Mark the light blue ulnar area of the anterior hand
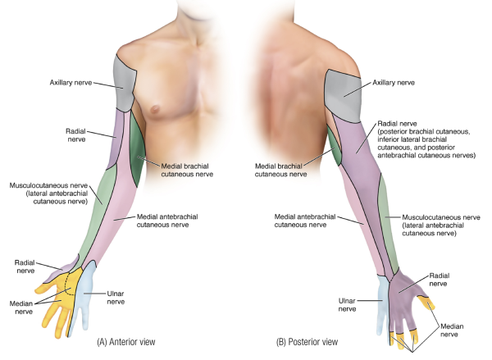tap(82, 299)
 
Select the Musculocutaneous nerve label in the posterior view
tap(439, 226)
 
